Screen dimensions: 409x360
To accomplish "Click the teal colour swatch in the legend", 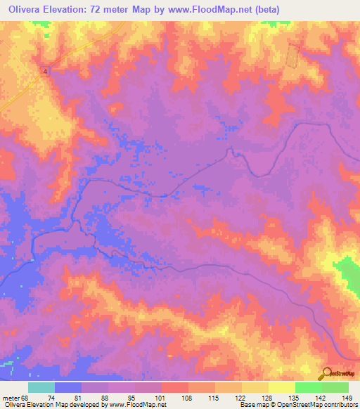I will point(41,387).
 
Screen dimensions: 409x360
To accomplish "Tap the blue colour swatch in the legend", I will point(68,387).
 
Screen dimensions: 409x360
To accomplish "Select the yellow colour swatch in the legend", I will point(281,387).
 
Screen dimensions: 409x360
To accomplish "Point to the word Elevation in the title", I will point(75,10).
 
